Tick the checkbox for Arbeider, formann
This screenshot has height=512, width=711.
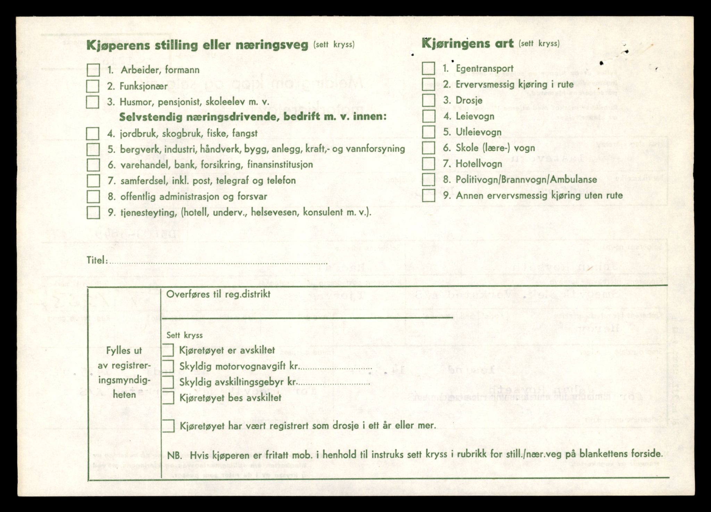click(x=93, y=70)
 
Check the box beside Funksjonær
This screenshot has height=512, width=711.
click(x=93, y=86)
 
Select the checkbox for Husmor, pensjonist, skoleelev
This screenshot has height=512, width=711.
click(x=93, y=102)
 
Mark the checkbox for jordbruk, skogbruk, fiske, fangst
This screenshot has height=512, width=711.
click(x=93, y=133)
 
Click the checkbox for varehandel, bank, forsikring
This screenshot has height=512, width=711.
click(x=93, y=165)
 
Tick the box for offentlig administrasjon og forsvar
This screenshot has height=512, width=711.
click(x=93, y=196)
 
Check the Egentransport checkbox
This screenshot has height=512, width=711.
click(x=429, y=68)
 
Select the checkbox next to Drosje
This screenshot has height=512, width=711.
click(x=429, y=100)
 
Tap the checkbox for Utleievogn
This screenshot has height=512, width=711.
click(x=429, y=132)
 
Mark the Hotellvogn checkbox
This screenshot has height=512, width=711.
click(x=429, y=164)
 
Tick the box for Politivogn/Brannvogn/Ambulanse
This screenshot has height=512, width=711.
click(x=429, y=180)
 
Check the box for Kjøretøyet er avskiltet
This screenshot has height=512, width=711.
click(x=168, y=350)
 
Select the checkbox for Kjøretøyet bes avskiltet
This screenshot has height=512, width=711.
click(x=168, y=398)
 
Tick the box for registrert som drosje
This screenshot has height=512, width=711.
click(x=168, y=426)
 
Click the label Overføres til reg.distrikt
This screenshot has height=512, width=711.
click(x=218, y=294)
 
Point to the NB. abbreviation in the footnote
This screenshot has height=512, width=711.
click(x=175, y=455)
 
